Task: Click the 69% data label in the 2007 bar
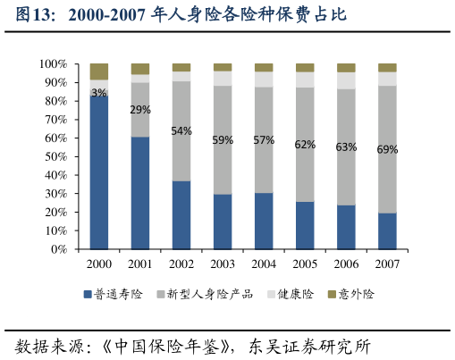(387, 150)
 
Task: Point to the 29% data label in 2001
(140, 110)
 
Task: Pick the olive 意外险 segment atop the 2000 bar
(99, 71)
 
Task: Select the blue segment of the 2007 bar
(387, 231)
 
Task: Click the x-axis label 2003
(223, 264)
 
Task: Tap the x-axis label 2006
(346, 264)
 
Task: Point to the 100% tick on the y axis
(53, 64)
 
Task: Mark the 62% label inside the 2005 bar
(305, 145)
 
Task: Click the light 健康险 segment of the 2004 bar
(264, 80)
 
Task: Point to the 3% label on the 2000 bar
(99, 93)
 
